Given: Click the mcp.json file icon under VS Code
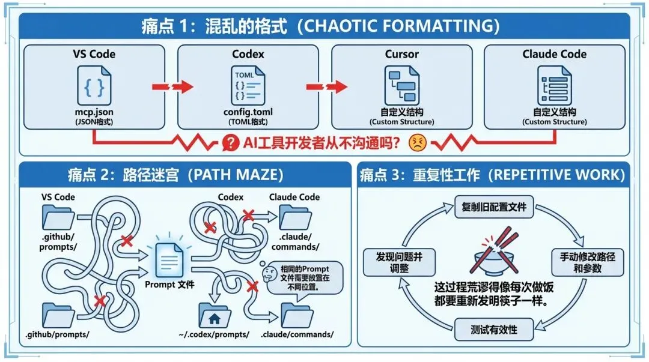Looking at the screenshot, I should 94,86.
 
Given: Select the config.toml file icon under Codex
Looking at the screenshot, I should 248,86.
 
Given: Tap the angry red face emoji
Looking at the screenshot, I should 417,142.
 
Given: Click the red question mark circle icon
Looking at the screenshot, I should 230,142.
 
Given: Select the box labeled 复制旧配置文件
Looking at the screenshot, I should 493,207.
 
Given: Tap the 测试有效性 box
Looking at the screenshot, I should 493,330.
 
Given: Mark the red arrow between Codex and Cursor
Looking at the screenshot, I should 326,87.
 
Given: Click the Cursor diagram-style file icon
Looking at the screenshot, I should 401,86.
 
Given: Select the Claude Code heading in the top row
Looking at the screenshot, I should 554,54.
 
